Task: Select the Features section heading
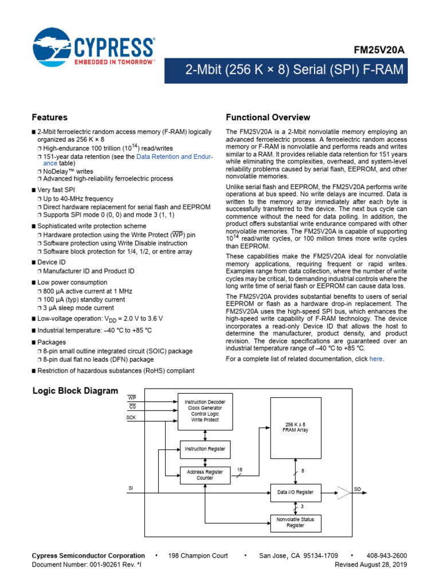pyautogui.click(x=49, y=118)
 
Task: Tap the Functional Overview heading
pyautogui.click(x=268, y=118)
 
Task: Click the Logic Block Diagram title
pyautogui.click(x=75, y=391)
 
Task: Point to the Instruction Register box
pyautogui.click(x=205, y=449)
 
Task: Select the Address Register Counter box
pyautogui.click(x=205, y=475)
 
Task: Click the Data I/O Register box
pyautogui.click(x=296, y=492)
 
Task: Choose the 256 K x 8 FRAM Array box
pyautogui.click(x=296, y=427)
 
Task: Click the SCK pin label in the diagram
pyautogui.click(x=131, y=418)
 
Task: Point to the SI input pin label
pyautogui.click(x=130, y=488)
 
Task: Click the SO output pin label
pyautogui.click(x=357, y=490)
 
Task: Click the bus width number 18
pyautogui.click(x=239, y=469)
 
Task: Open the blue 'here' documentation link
pyautogui.click(x=376, y=359)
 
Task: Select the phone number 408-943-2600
pyautogui.click(x=387, y=555)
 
